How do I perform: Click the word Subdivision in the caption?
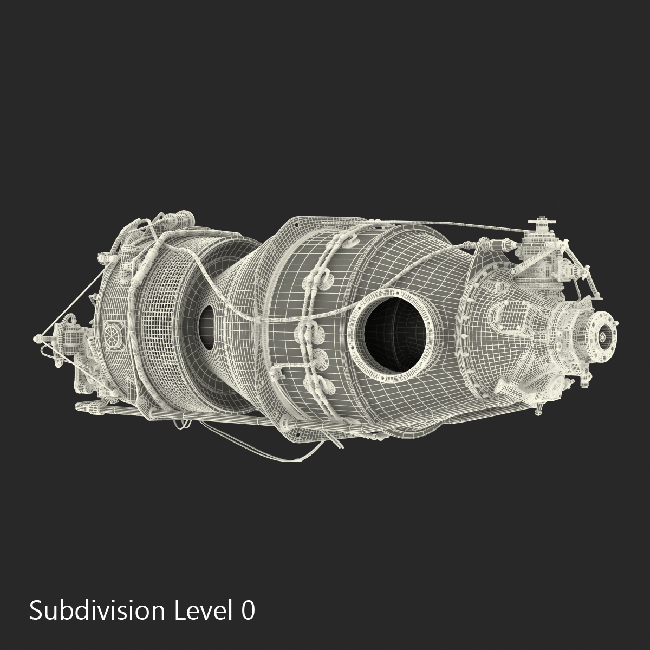point(97,610)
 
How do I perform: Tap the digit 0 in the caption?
point(248,610)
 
